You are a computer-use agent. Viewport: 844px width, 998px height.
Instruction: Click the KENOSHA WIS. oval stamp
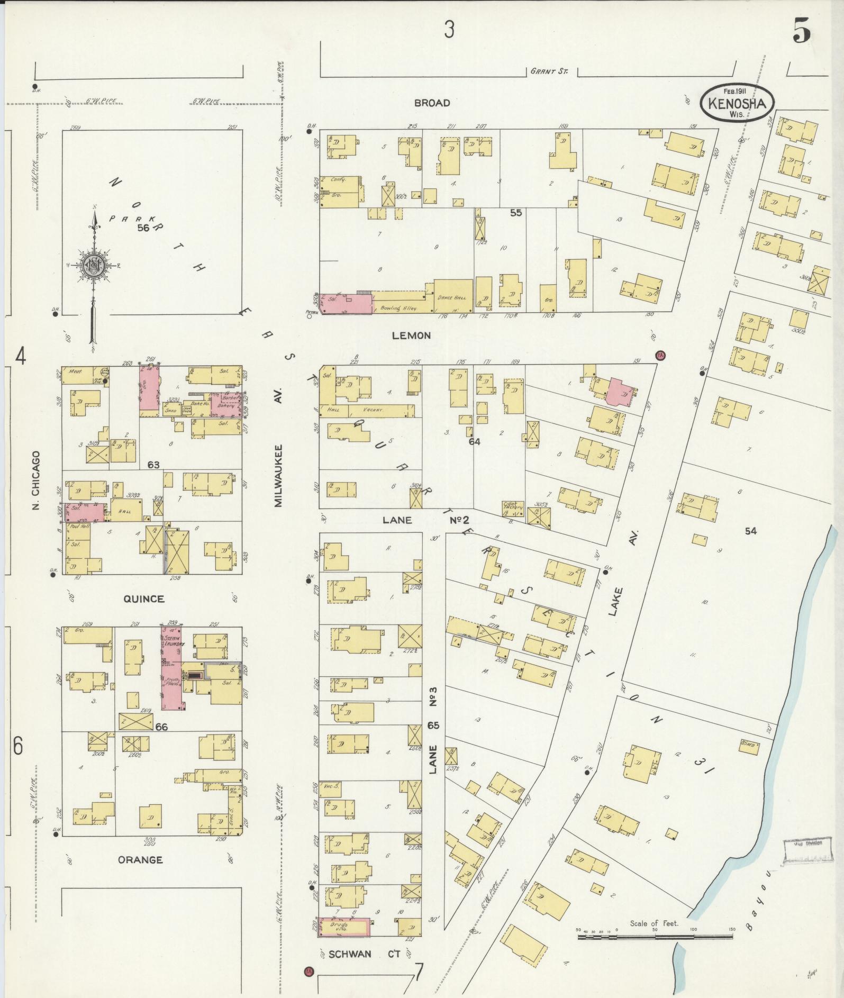[737, 103]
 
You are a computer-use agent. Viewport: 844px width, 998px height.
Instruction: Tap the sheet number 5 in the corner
[802, 33]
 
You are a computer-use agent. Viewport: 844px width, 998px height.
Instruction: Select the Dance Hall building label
[453, 297]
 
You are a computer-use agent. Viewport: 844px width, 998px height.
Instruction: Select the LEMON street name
[411, 335]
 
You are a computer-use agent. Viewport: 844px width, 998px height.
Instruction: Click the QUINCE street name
[143, 599]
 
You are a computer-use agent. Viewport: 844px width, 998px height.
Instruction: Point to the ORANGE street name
[140, 860]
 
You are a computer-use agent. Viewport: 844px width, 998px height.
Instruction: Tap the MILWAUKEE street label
[279, 476]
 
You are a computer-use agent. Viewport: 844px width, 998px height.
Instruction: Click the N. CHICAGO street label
[36, 480]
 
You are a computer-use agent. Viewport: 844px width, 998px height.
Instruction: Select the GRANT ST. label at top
[548, 71]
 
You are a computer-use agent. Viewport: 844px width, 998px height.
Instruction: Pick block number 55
[515, 213]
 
